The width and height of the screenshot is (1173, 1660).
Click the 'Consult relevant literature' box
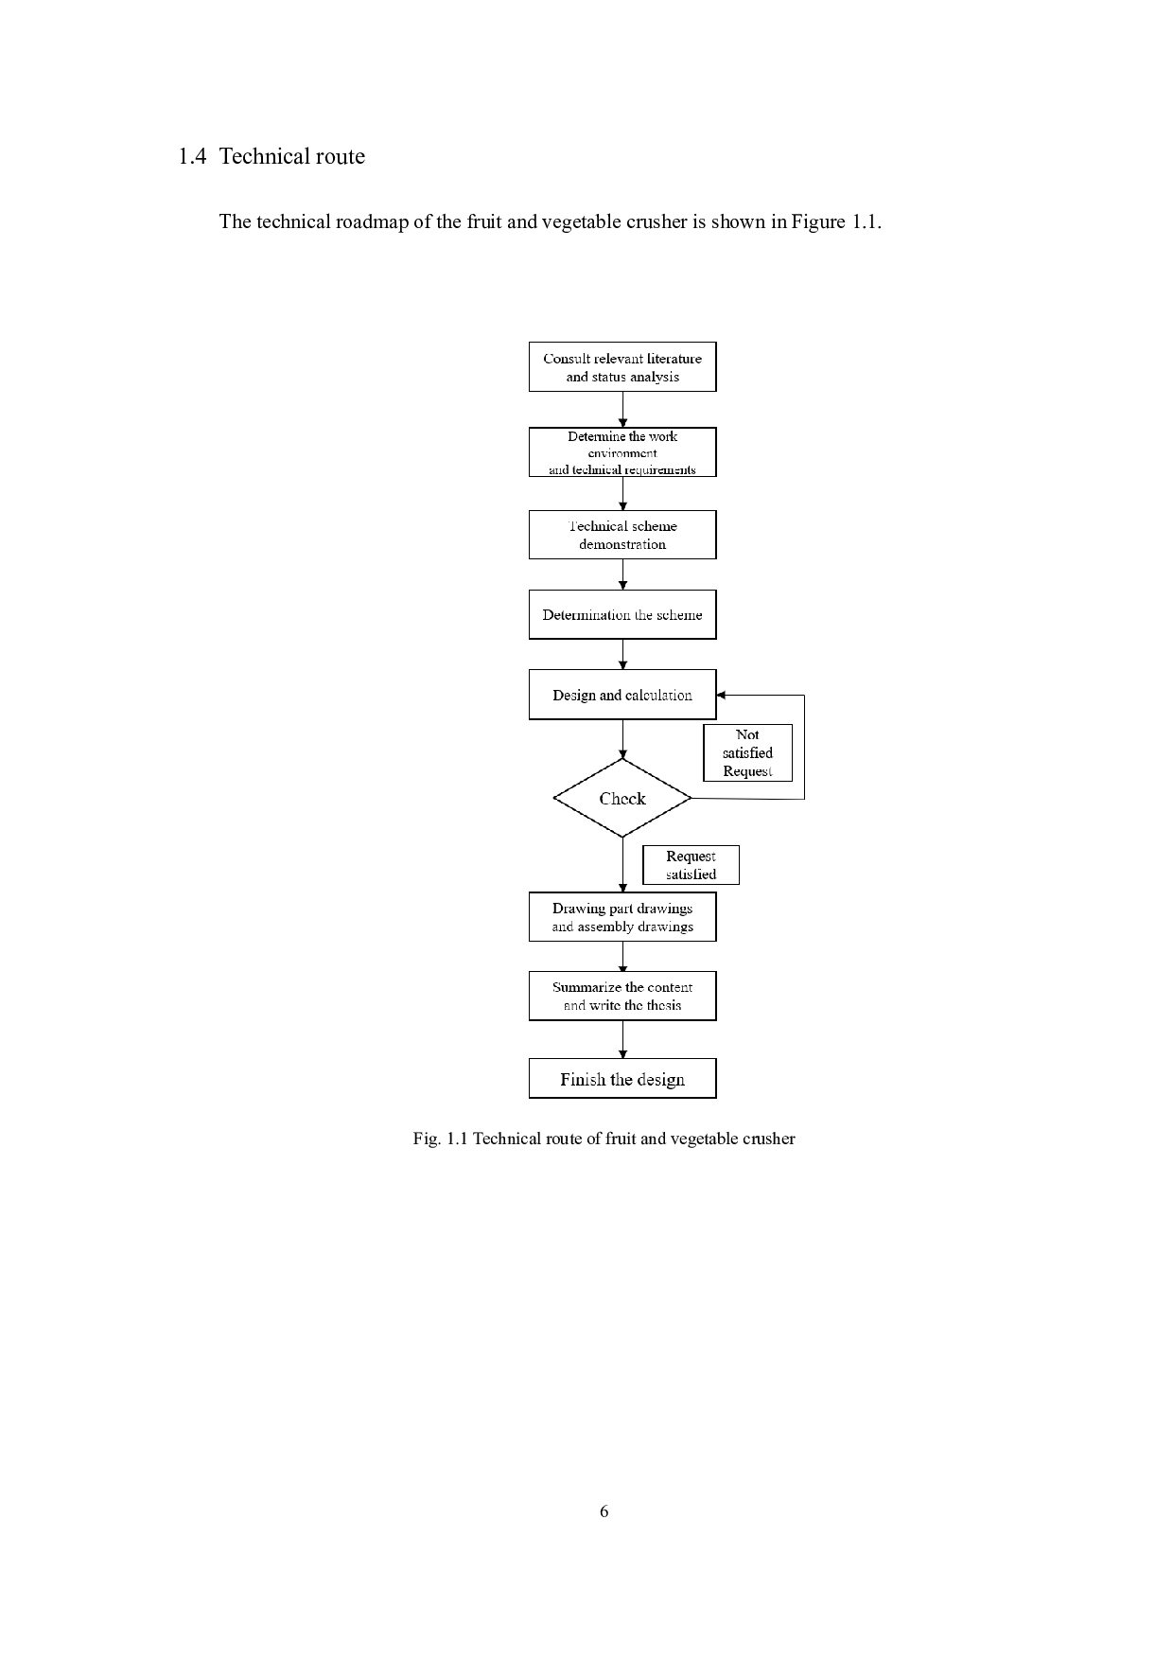(622, 367)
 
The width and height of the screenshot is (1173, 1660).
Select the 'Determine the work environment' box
(622, 452)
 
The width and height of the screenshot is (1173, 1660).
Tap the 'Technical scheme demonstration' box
(622, 535)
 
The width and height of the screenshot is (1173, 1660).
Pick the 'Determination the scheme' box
(622, 614)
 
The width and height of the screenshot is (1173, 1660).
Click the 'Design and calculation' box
(622, 695)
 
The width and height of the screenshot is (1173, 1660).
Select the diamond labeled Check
(622, 798)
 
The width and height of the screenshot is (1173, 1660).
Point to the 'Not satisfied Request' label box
(747, 753)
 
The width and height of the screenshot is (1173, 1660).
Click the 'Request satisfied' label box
(691, 865)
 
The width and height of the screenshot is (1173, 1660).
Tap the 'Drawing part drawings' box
(622, 917)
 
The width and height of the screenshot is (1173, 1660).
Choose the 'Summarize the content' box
(622, 996)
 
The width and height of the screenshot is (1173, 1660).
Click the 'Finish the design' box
(622, 1079)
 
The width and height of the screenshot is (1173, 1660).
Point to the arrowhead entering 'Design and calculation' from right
(721, 695)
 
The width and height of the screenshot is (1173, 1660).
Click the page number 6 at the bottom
(604, 1511)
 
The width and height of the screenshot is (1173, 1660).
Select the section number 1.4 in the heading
(192, 156)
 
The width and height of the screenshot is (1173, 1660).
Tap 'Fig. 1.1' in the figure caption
(440, 1139)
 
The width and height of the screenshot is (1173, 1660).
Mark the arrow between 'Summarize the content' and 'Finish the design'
(622, 1040)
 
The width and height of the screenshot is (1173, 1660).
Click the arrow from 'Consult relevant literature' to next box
(622, 410)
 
